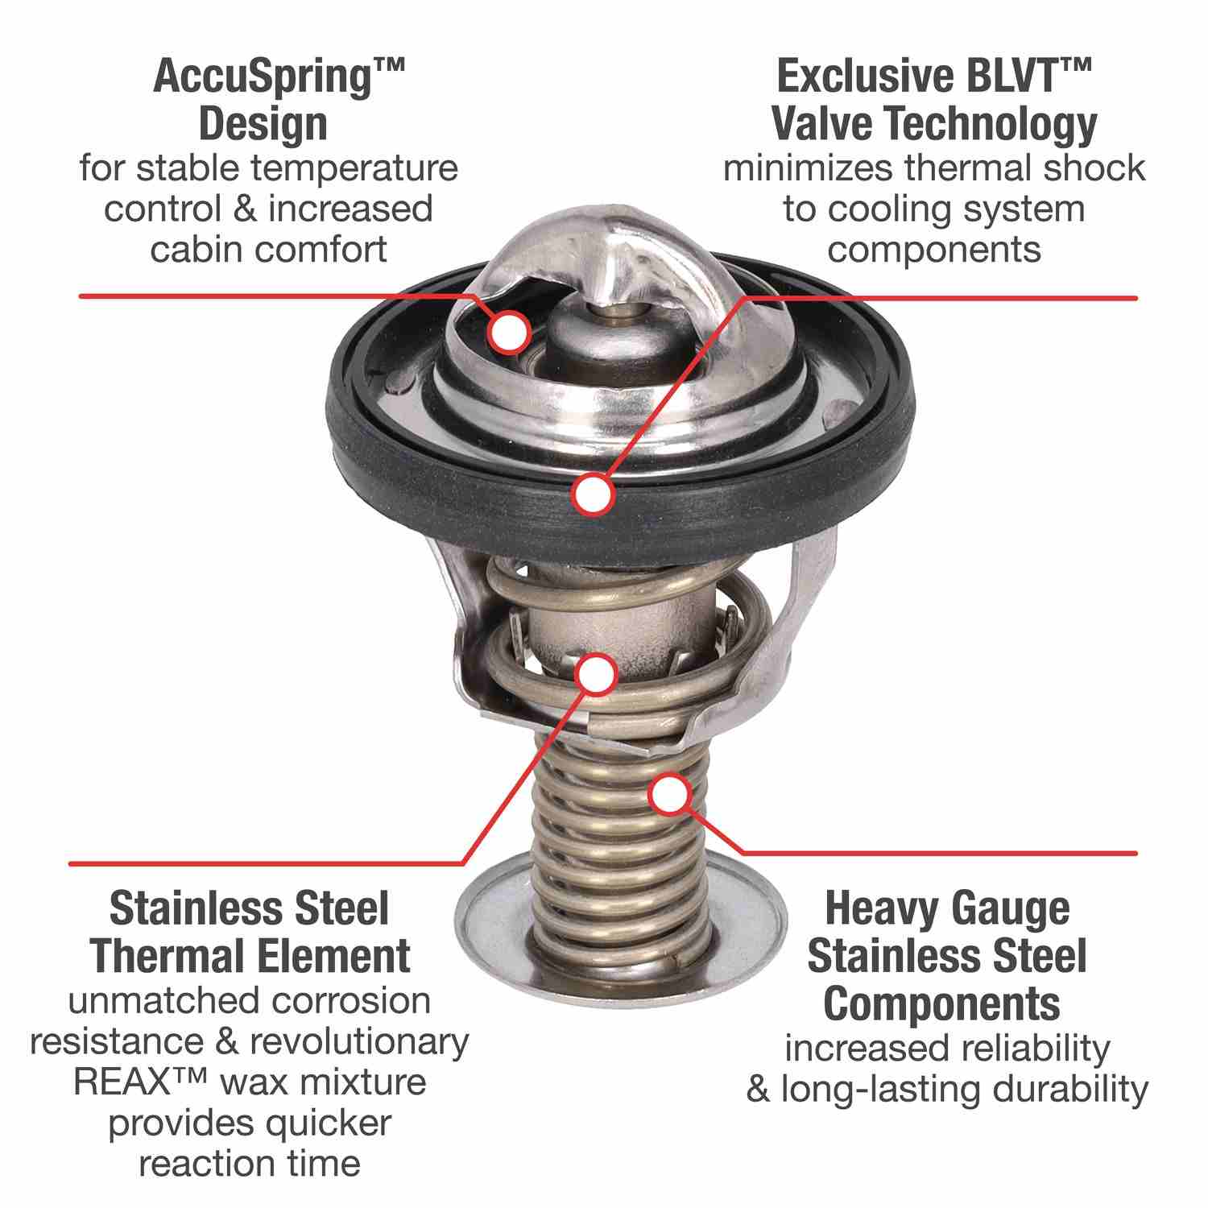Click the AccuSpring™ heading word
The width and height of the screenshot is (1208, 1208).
[277, 78]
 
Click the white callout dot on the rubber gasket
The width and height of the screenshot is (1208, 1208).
[593, 493]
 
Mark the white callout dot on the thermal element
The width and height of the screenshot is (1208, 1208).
[595, 675]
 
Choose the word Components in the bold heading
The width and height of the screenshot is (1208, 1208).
[941, 1003]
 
